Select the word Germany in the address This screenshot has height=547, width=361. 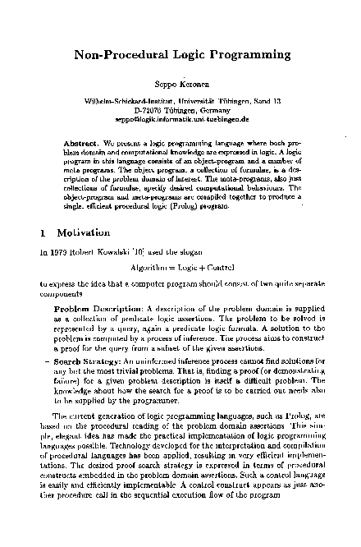click(212, 108)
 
